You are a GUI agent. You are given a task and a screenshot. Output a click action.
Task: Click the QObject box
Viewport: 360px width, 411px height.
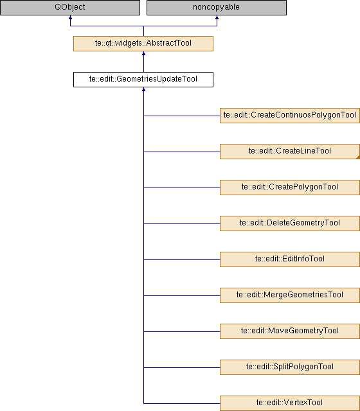coord(70,7)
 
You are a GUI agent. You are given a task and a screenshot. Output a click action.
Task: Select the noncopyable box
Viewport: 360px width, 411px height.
coord(217,7)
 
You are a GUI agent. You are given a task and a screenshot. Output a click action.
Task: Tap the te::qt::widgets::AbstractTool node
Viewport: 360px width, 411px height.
coord(143,44)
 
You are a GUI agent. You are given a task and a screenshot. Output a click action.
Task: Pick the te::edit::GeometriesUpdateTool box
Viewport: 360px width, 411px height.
coord(143,80)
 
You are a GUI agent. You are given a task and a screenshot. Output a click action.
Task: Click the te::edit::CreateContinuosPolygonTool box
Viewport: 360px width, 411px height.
coord(290,116)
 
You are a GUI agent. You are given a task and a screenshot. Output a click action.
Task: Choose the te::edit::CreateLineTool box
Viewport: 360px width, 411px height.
coord(290,152)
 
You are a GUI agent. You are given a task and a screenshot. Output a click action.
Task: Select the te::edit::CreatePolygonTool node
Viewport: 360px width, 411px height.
coord(290,188)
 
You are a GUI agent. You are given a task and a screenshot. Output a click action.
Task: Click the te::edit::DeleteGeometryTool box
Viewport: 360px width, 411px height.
coord(290,223)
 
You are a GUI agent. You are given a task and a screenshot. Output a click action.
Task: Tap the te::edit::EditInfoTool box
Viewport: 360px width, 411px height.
coord(290,259)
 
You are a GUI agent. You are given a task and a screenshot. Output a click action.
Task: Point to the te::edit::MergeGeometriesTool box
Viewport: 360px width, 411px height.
coord(290,295)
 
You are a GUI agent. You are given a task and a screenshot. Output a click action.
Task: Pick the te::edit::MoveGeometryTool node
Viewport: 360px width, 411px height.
coord(290,331)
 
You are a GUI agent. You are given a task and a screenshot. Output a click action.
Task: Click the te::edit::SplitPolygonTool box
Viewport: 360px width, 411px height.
coord(290,367)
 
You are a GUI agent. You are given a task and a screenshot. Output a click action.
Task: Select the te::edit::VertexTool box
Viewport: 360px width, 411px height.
coord(290,403)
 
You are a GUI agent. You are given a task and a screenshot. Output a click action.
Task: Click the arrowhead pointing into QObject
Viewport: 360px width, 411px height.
coord(70,17)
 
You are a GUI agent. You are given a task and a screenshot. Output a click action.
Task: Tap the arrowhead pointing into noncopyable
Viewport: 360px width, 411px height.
coord(217,17)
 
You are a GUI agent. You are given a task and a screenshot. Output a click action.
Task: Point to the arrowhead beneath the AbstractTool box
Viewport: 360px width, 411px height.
coord(143,53)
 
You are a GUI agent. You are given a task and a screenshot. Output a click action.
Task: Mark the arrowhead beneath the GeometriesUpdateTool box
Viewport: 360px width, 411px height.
coord(143,89)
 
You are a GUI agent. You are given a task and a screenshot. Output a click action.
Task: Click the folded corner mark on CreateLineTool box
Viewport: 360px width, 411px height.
coord(358,157)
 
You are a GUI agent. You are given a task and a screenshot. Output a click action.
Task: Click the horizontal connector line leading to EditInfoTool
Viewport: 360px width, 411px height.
coord(182,259)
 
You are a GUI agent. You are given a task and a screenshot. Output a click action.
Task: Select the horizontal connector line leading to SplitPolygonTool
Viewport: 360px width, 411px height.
coord(182,367)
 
